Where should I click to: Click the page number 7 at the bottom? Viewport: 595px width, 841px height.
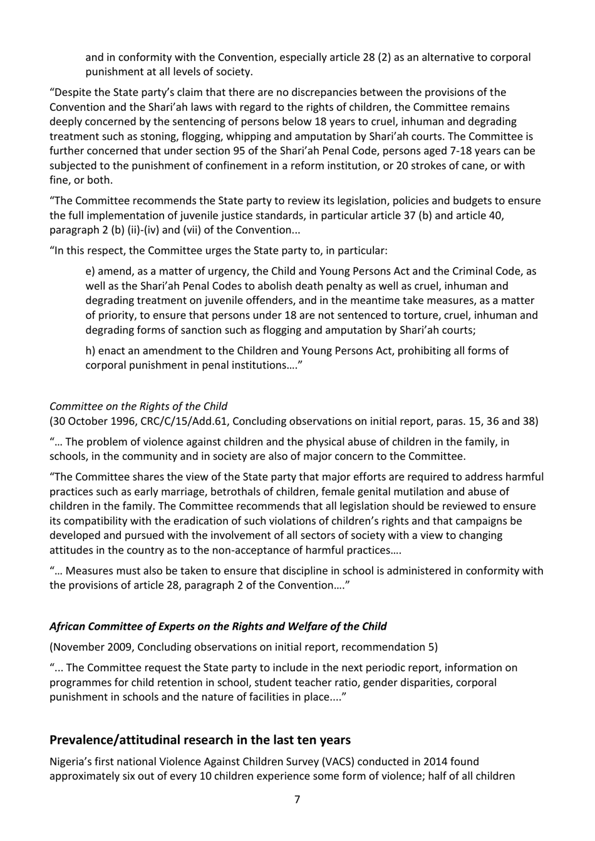[297, 799]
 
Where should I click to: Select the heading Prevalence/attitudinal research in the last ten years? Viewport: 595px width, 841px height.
[200, 739]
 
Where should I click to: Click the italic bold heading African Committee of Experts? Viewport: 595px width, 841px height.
[218, 626]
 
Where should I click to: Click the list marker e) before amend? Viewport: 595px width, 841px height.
[91, 271]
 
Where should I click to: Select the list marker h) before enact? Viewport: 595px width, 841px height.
[91, 350]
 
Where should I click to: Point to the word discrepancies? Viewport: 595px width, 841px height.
[301, 92]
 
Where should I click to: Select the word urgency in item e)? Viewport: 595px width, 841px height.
[226, 271]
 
